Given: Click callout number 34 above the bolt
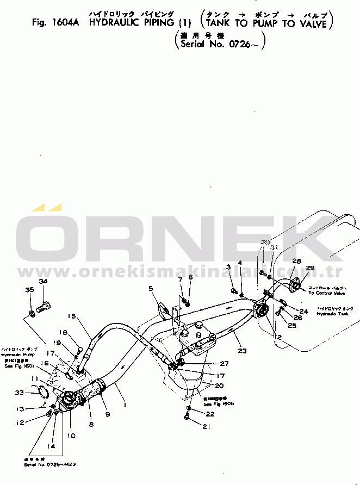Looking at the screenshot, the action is coord(43,281).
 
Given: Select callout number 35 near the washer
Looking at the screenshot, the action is coord(29,290).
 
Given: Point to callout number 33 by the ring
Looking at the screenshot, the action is coord(19,392).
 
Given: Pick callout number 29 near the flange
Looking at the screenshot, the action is coord(309,268).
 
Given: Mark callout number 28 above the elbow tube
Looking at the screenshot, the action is coord(296,262).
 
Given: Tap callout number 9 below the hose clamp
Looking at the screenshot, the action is coord(107,414).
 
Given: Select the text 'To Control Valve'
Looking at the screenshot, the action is coord(326,293).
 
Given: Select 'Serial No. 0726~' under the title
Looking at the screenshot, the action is coord(220,44).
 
